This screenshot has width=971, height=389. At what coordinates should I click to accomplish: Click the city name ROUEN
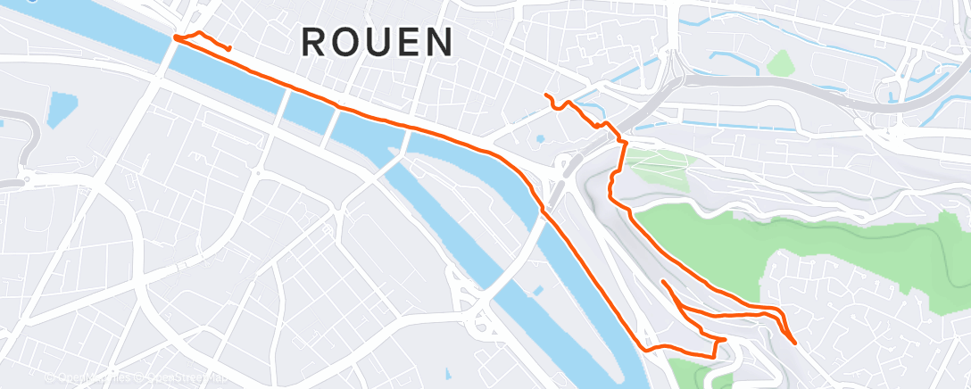378,43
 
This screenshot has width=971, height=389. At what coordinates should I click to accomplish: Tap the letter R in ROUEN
313,43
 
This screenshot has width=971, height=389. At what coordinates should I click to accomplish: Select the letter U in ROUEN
378,43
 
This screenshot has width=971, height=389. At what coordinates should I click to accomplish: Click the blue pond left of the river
61,108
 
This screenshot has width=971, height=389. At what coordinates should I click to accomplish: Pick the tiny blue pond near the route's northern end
539,139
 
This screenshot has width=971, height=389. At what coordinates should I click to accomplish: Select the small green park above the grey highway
780,62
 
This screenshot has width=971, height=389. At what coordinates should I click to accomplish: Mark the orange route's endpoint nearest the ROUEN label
230,48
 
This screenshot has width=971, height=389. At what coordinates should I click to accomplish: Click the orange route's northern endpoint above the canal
546,95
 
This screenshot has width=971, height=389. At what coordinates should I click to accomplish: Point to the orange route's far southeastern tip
794,340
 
